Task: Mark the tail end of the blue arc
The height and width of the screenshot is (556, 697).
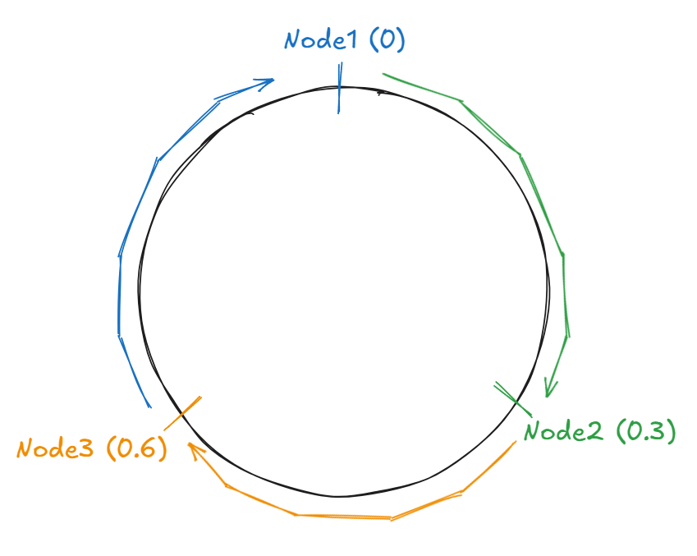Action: (x=150, y=407)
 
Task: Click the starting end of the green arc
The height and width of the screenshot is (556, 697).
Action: (x=383, y=75)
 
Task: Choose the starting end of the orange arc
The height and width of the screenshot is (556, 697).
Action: (x=516, y=443)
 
